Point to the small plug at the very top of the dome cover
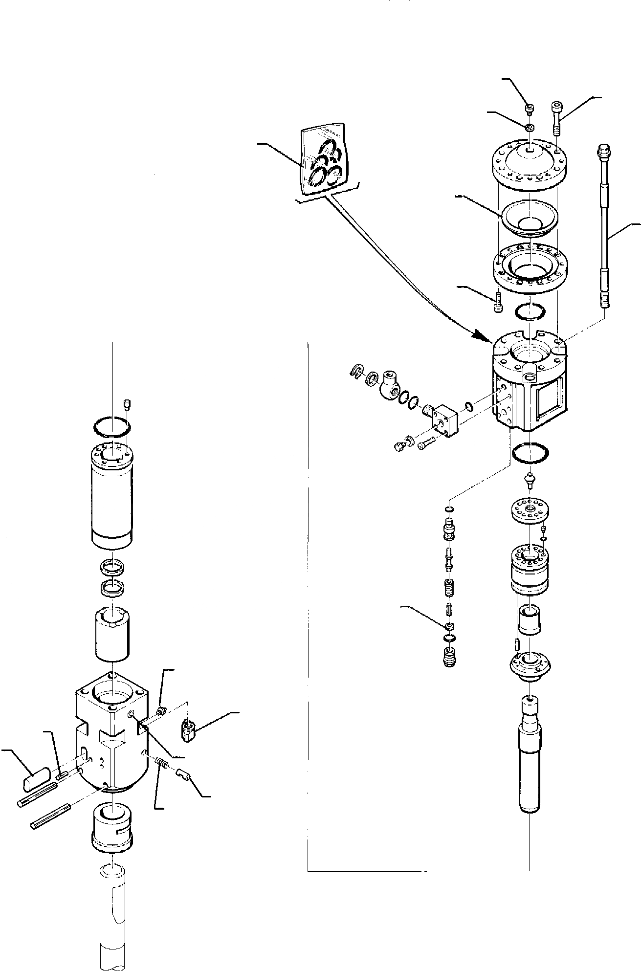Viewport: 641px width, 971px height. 529,108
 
